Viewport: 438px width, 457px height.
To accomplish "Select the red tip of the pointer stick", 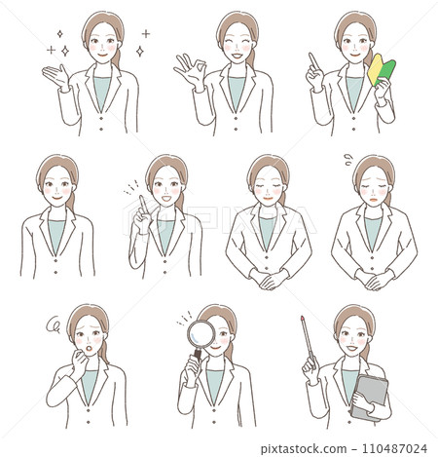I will (302, 318).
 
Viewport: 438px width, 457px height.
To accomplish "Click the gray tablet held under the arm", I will (371, 395).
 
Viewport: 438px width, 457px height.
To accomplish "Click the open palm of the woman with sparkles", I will (55, 75).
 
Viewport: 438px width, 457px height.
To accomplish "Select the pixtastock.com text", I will (326, 448).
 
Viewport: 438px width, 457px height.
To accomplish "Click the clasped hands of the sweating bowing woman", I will (373, 279).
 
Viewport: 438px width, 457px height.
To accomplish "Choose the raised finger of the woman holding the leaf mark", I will (311, 60).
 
